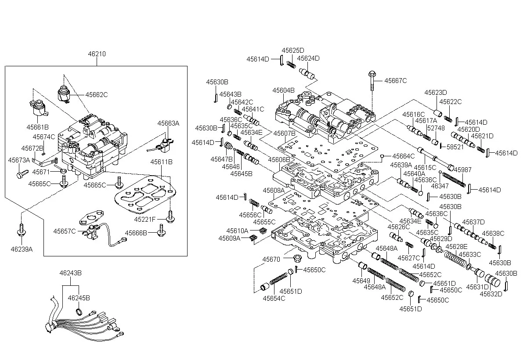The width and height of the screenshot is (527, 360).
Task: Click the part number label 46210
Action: tap(97, 54)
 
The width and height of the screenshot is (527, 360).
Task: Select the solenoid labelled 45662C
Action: tap(64, 94)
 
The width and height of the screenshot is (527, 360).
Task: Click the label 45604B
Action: tap(283, 90)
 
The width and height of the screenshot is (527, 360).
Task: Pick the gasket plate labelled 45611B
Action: tap(145, 194)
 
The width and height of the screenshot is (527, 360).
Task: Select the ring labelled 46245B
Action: tap(79, 312)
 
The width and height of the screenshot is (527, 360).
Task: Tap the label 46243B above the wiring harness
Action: tap(71, 273)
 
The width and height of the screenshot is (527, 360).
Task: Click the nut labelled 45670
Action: tap(298, 258)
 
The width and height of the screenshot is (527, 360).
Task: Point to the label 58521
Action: tap(455, 147)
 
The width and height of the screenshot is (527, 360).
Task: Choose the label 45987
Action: tap(462, 169)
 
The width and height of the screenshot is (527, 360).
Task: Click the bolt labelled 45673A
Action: tap(22, 174)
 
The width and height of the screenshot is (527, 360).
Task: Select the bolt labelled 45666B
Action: tap(162, 230)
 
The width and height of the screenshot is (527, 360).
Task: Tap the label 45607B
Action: tap(284, 133)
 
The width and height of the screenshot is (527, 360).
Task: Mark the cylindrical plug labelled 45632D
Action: tap(492, 281)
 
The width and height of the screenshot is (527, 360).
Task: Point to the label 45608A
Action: tap(274, 191)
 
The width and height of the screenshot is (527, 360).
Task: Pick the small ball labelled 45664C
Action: tap(382, 156)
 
